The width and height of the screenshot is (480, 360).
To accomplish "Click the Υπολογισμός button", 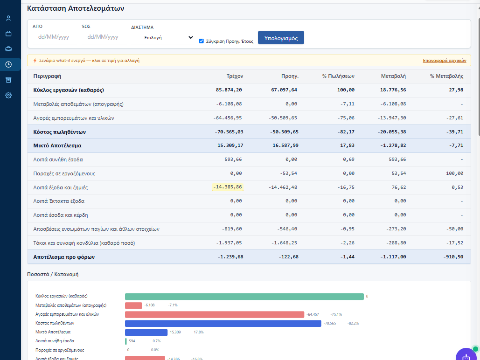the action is [x=281, y=38].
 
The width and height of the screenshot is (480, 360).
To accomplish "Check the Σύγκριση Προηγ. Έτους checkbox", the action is [x=202, y=41].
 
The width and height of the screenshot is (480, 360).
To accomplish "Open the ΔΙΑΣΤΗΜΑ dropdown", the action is [x=163, y=38].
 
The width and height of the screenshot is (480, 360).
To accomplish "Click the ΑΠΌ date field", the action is [x=55, y=37].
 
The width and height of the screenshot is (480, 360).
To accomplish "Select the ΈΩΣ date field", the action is [x=104, y=37].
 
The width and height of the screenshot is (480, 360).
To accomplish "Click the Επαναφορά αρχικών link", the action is [x=445, y=61].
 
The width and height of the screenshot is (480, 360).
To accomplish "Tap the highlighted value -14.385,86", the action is [x=228, y=187].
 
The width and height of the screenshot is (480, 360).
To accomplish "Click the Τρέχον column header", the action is [x=235, y=76].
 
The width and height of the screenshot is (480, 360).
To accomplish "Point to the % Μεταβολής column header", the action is [x=446, y=76].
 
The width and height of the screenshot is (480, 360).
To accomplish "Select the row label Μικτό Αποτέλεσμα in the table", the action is [x=57, y=145].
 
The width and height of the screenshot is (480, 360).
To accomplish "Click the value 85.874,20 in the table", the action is [x=229, y=90].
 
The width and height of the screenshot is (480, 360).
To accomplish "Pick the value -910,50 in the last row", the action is [x=453, y=257].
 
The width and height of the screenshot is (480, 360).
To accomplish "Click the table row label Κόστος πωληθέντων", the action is [x=59, y=132].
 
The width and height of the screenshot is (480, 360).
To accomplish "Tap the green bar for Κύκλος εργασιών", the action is [x=244, y=297].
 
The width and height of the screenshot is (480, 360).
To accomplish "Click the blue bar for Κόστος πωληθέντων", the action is [x=223, y=323].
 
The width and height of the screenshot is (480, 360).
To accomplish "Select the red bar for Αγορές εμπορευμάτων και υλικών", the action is [x=215, y=314].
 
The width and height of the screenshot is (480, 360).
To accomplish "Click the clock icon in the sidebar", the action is [x=8, y=64].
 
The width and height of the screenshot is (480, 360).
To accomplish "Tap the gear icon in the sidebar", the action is [x=8, y=95].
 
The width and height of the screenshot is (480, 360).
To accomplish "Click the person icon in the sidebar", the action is [x=8, y=18].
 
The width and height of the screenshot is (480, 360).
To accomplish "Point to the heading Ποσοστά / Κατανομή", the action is [x=53, y=274].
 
